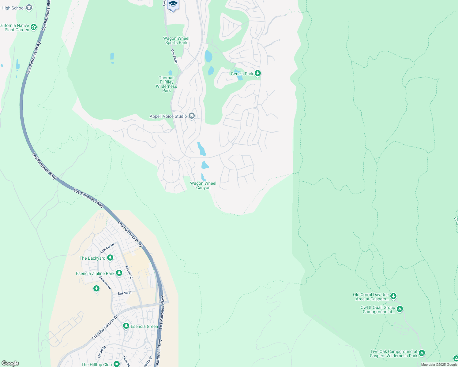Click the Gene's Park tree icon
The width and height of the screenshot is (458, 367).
258,73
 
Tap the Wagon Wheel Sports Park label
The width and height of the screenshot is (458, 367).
176,40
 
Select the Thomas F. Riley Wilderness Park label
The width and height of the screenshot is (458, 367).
167,84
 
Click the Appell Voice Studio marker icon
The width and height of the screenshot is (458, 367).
192,116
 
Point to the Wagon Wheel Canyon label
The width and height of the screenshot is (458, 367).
203,185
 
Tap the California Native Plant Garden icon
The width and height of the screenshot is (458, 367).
34,27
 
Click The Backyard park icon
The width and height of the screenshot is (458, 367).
110,258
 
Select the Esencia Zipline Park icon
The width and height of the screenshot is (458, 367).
119,273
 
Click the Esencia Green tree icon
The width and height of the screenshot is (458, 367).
126,326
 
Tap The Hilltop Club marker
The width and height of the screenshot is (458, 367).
116,364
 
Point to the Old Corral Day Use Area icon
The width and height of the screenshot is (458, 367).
393,296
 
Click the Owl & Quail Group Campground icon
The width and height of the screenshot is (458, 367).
400,309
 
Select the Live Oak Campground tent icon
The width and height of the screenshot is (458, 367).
422,353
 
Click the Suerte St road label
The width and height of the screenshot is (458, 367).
125,293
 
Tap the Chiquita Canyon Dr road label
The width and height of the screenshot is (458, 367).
105,328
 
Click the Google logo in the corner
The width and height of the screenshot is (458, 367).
10,363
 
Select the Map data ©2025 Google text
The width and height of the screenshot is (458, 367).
439,365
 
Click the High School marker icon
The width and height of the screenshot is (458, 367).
29,8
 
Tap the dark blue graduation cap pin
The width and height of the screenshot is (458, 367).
173,5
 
